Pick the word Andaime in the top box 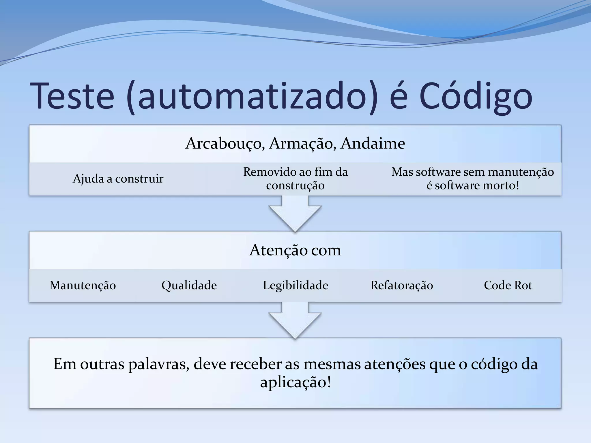373,143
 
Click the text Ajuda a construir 118,179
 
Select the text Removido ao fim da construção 295,179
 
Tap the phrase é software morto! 473,185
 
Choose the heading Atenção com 295,250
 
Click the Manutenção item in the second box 83,285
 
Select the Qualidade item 189,285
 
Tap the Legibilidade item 295,285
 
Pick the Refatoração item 402,285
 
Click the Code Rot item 508,285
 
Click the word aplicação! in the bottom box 295,382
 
